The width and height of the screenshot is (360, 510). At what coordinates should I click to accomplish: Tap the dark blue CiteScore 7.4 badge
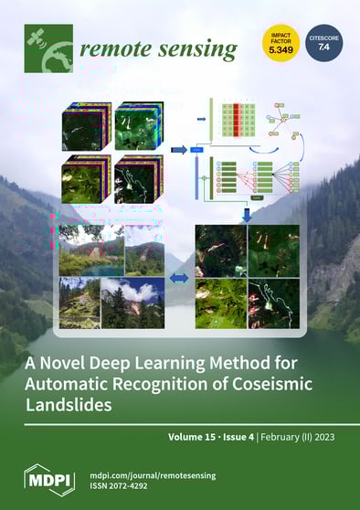(323, 42)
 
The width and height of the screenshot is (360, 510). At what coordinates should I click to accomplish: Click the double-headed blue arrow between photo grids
(180, 277)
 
